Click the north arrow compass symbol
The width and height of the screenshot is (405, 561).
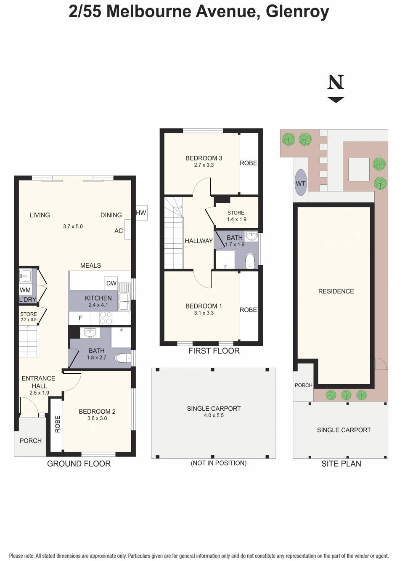pos(336,88)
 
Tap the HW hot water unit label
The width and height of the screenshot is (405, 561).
pos(141,213)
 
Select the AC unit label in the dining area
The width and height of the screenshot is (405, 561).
pos(119,231)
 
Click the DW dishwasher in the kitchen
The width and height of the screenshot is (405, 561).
pos(111,283)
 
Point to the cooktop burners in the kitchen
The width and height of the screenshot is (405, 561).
pos(106,318)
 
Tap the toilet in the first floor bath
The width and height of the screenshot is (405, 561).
pos(250,260)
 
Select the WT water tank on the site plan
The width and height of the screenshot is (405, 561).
pos(300,183)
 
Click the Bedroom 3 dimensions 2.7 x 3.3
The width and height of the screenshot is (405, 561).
pos(204,165)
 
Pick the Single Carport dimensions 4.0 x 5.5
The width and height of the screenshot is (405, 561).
pos(214,415)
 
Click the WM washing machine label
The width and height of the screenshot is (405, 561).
pos(25,290)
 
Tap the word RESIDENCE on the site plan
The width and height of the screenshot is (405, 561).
pos(336,291)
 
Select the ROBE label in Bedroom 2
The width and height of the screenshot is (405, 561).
pos(58,424)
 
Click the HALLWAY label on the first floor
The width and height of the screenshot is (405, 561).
pos(199,241)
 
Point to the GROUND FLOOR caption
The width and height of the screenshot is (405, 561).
pos(79,463)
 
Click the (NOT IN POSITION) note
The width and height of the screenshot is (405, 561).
pos(218,463)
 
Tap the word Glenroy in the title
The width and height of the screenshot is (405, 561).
pos(297,11)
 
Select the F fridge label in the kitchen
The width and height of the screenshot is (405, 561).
pos(80,318)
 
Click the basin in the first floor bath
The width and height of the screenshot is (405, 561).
pos(251,236)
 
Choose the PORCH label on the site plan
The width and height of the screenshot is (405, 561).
pos(303,385)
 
